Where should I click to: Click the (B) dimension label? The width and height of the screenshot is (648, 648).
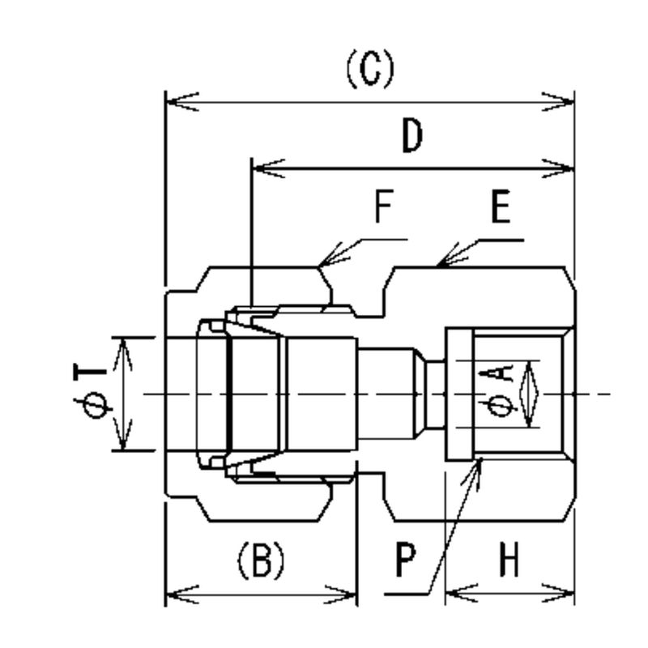(x=261, y=560)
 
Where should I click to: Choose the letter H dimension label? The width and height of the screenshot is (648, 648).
(x=509, y=560)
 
